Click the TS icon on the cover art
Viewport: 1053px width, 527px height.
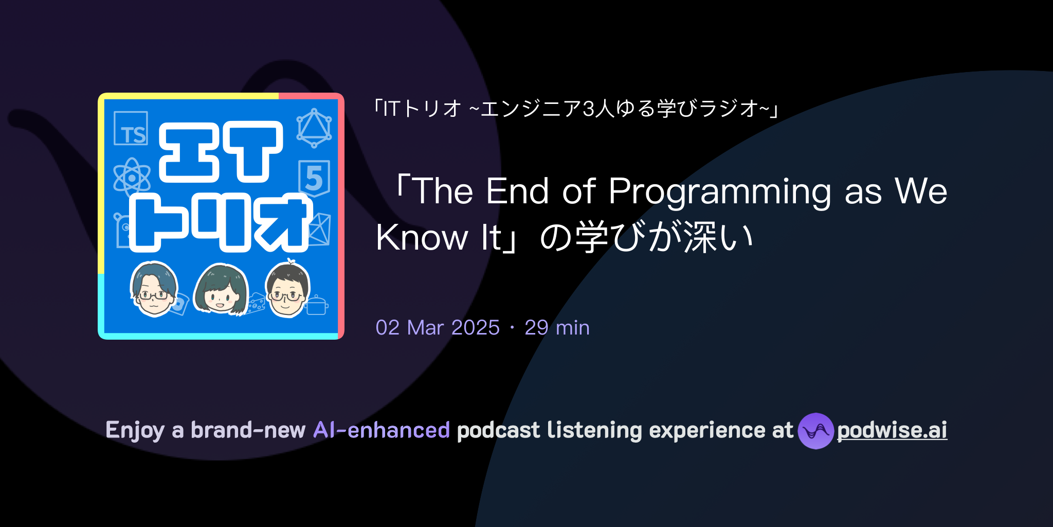131,129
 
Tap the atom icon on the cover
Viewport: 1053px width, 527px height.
132,178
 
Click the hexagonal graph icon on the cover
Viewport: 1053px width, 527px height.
314,128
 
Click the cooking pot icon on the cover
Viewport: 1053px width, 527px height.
317,305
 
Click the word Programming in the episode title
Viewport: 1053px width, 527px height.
719,191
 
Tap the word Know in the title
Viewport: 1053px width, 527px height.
422,238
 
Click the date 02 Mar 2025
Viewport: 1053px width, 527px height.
438,328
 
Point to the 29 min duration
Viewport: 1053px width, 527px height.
557,328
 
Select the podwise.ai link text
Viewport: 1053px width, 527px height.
892,430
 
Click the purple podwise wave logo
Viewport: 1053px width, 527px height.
815,431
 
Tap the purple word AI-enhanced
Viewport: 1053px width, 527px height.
382,430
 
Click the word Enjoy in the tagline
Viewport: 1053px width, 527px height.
135,430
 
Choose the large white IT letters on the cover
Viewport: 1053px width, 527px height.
221,152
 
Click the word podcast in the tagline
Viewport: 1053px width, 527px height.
498,430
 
